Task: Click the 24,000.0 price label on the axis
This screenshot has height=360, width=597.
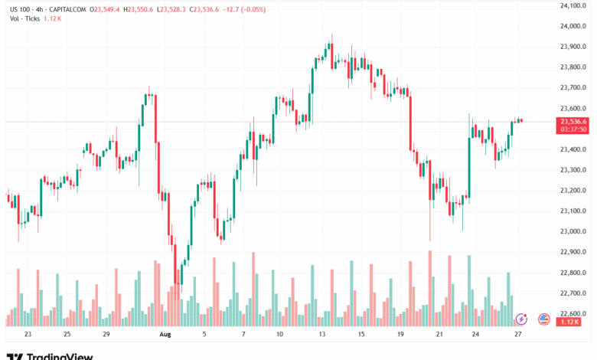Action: point(573,26)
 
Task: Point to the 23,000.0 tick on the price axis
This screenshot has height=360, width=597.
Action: point(573,231)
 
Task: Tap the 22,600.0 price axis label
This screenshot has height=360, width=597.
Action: point(573,313)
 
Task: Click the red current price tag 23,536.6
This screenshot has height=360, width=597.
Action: point(574,121)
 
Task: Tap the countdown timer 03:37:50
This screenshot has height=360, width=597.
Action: point(574,129)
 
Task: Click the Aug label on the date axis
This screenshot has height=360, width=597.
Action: point(165,335)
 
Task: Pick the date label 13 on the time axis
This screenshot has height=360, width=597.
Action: point(321,335)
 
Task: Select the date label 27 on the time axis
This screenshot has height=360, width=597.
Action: point(518,335)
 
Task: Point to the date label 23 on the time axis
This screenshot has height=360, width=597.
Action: point(28,335)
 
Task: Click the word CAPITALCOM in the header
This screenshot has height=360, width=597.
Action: point(65,9)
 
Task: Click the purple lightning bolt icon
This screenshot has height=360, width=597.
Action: point(522,319)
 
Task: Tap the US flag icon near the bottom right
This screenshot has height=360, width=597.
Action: point(544,319)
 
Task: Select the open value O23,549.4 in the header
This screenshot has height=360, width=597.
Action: point(107,9)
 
